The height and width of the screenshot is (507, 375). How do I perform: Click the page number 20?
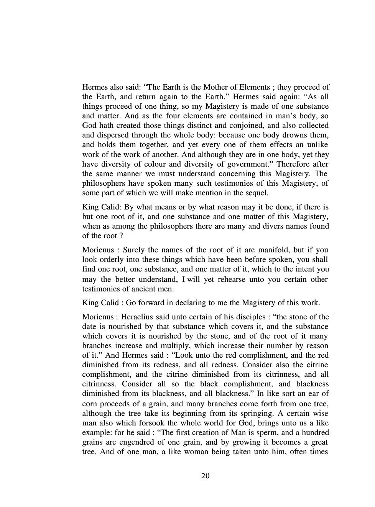(x=205, y=476)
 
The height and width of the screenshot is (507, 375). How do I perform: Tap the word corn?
(x=89, y=404)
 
